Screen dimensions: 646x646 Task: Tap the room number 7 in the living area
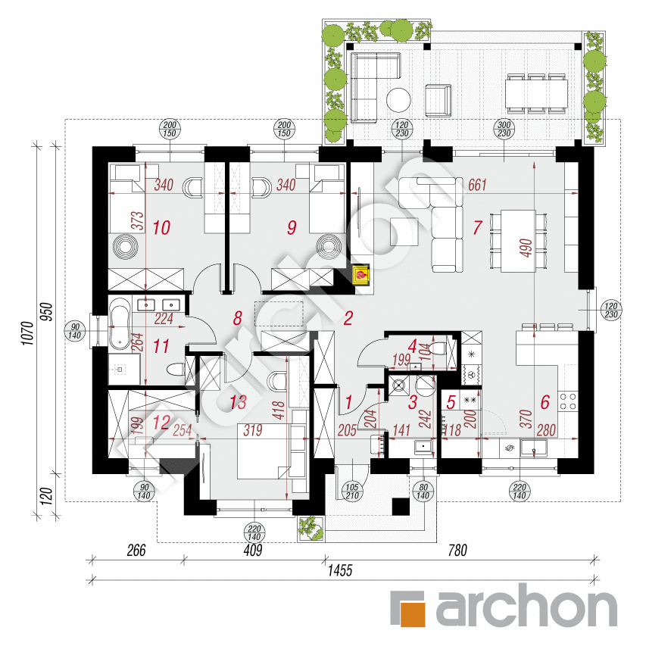click(x=477, y=226)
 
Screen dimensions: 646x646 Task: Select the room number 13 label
click(x=238, y=402)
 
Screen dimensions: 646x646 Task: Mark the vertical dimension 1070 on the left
click(x=25, y=329)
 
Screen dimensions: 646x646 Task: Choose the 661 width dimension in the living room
click(x=476, y=184)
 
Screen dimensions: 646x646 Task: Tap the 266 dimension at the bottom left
click(x=137, y=551)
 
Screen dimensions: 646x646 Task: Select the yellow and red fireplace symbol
click(x=363, y=275)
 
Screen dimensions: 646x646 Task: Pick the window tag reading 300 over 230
click(x=503, y=129)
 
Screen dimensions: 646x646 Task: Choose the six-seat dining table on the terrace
click(x=536, y=93)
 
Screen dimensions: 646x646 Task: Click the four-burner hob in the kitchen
click(x=569, y=395)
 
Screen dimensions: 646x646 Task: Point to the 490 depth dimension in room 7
click(x=527, y=247)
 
